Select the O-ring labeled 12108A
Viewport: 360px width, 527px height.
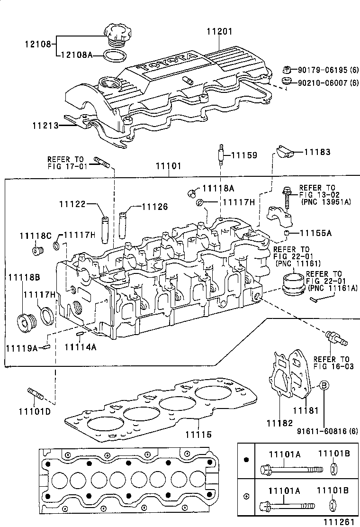click(114, 56)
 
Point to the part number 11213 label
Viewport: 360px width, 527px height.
click(45, 126)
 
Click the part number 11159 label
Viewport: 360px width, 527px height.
click(244, 155)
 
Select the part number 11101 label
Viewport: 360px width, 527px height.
click(169, 167)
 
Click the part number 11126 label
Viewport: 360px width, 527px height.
click(155, 207)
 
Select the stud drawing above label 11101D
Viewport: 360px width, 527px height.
click(36, 393)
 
